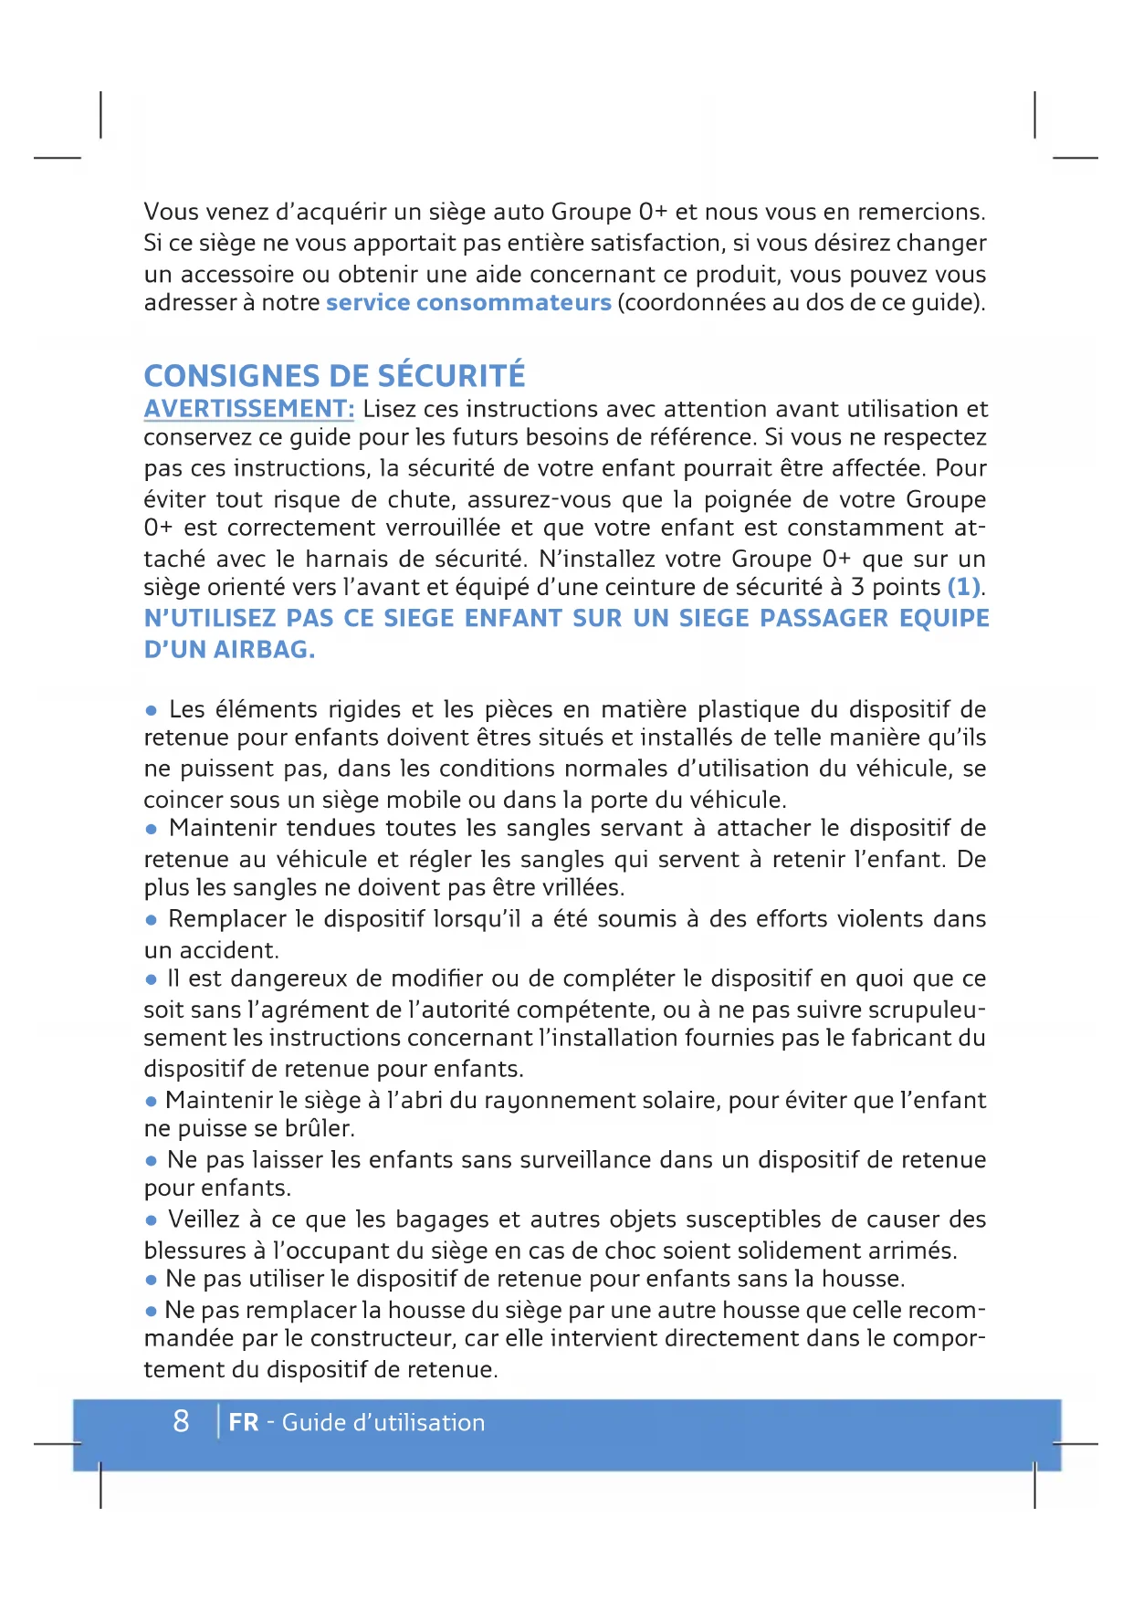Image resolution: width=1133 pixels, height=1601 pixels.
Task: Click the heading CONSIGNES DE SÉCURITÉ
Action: click(x=334, y=376)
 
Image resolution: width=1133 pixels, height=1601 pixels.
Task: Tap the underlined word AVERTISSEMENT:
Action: click(x=248, y=409)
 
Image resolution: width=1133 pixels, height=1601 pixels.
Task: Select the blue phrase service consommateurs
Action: click(x=468, y=303)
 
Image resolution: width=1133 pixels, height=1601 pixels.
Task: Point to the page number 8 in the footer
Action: click(x=181, y=1421)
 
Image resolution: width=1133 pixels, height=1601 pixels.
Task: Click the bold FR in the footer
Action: click(x=243, y=1423)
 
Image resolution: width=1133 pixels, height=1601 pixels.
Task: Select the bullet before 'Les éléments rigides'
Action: click(x=152, y=710)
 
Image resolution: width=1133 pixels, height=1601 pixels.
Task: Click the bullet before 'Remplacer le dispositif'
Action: click(x=152, y=920)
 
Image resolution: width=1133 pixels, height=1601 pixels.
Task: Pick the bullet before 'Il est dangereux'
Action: click(x=152, y=979)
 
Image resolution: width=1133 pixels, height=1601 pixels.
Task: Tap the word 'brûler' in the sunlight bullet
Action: click(x=317, y=1129)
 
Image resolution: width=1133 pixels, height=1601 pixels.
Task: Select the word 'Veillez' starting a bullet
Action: click(x=204, y=1219)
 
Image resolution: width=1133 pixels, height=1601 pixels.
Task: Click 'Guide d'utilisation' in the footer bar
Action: click(x=383, y=1423)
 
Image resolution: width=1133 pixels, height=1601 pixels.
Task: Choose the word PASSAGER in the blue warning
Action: click(x=824, y=619)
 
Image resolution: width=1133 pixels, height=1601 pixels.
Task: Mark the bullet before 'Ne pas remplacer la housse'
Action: click(x=152, y=1312)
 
